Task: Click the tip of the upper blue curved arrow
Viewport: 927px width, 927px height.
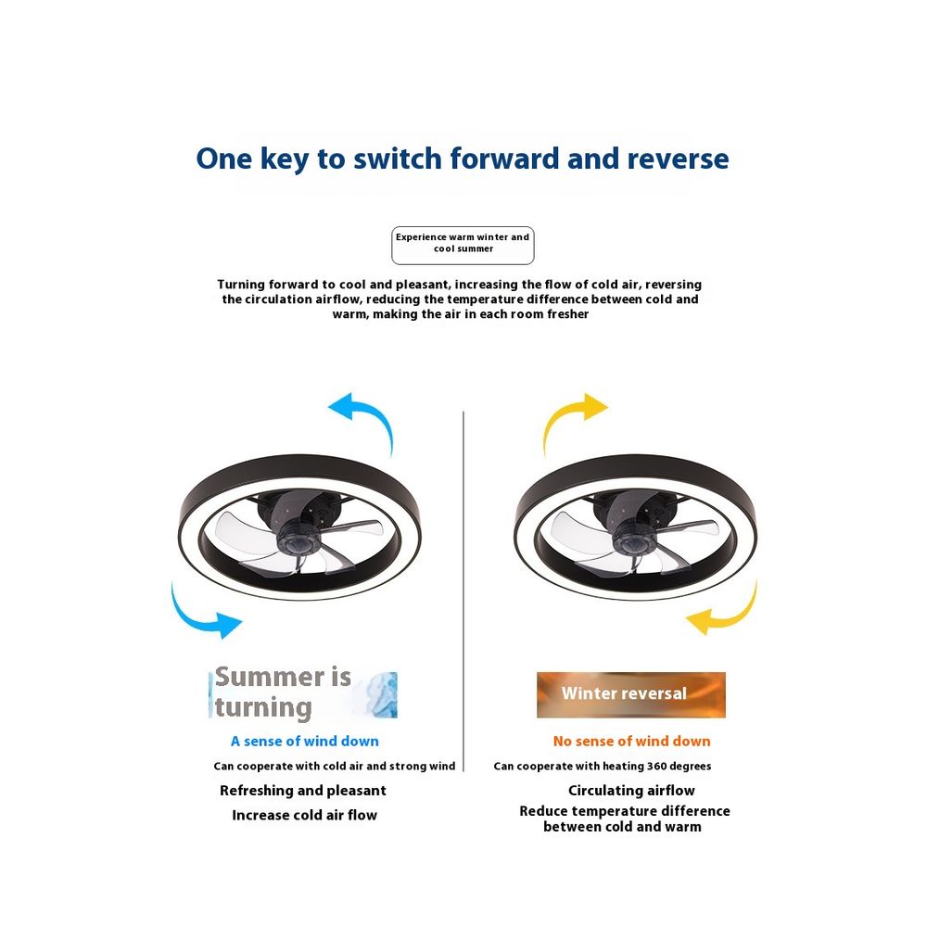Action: (x=328, y=408)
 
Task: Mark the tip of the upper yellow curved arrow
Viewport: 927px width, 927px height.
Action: (x=608, y=407)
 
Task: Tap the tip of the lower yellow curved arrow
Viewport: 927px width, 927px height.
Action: (x=685, y=619)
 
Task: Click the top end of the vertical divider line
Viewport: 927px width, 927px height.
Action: (x=463, y=413)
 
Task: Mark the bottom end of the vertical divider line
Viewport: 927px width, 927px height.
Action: (x=463, y=771)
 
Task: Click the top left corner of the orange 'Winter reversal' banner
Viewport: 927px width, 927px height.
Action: (x=537, y=672)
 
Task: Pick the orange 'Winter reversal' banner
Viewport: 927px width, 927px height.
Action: (x=630, y=694)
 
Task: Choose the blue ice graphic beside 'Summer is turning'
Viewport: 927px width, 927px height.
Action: (x=378, y=694)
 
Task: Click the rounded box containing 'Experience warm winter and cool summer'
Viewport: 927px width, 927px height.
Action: (x=463, y=246)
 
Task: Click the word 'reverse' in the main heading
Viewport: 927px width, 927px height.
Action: (x=679, y=159)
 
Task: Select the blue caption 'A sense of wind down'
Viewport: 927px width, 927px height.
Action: (x=304, y=741)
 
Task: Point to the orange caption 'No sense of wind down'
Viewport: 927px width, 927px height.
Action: (x=631, y=741)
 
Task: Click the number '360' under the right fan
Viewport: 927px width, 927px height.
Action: (x=656, y=767)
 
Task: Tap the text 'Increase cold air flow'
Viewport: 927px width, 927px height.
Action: (x=304, y=815)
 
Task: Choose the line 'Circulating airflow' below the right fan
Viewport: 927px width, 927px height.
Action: (x=631, y=791)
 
